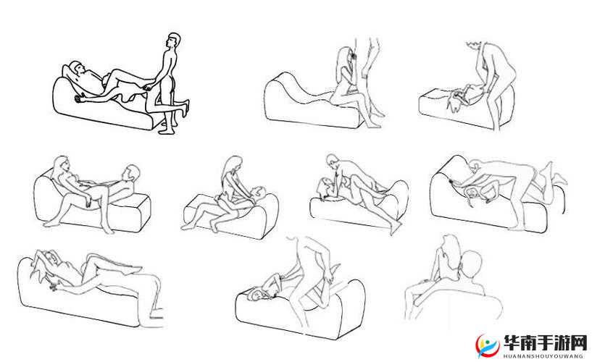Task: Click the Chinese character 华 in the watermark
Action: point(513,343)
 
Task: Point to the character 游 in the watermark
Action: point(563,343)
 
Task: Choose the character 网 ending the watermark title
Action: point(580,343)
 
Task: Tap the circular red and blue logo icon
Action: point(488,345)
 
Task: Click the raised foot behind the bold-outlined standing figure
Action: point(185,106)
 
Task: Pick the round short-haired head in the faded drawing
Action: point(471,264)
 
